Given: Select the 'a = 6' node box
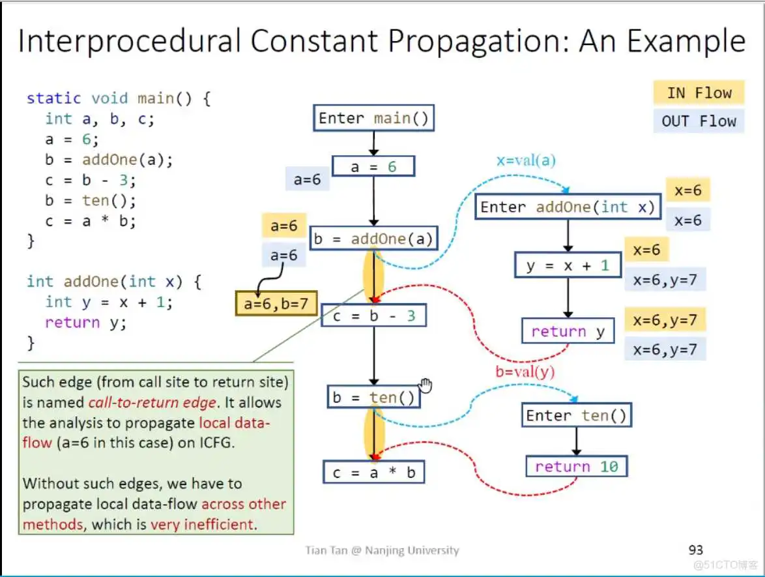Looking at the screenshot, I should click(373, 167).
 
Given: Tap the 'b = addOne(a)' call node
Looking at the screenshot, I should click(373, 239).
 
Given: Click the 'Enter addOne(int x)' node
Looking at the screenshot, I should click(568, 207).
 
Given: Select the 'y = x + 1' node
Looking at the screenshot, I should click(567, 265).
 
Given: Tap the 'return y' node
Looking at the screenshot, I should click(568, 331).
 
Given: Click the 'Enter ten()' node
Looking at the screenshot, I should click(576, 415).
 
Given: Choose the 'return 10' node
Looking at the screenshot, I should click(576, 467).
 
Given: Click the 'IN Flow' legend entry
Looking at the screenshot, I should click(699, 93).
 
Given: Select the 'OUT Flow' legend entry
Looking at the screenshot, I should click(699, 121).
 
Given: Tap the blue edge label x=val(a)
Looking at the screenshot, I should click(526, 160).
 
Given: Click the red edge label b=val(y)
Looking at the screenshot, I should click(525, 373).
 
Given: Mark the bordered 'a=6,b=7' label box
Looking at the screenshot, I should click(276, 304).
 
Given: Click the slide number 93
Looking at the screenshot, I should click(696, 550).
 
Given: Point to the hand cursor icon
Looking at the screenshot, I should click(426, 385).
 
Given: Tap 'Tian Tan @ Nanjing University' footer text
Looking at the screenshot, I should click(382, 550).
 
